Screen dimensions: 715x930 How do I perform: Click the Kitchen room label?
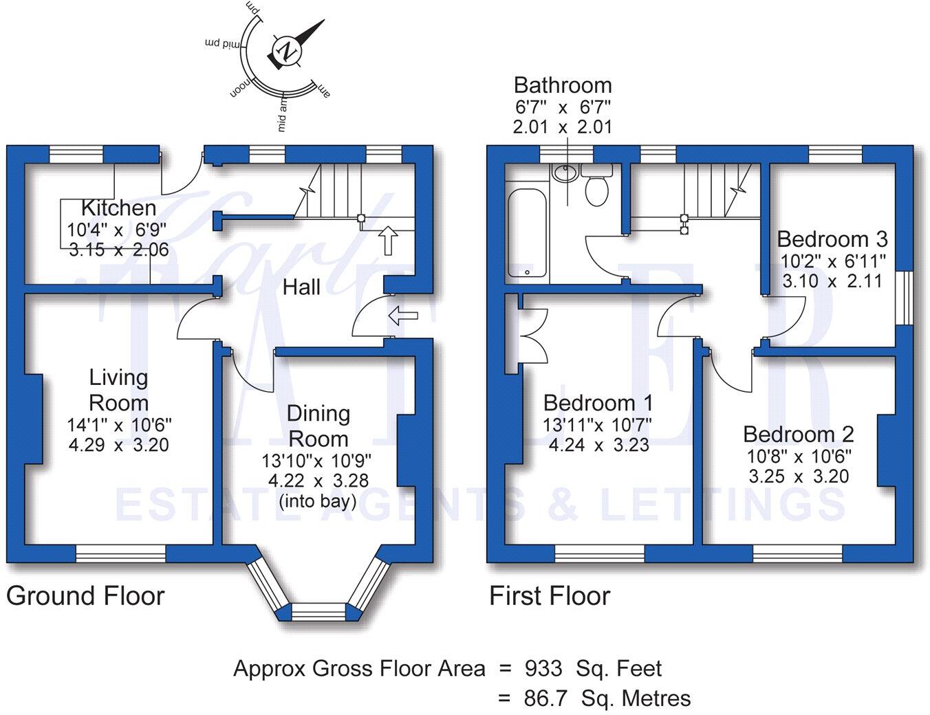118,208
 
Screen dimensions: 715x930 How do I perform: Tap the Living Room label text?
118,390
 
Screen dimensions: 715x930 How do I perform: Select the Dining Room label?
318,426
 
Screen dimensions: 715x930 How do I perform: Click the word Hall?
301,287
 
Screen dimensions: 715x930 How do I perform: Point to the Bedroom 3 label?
832,239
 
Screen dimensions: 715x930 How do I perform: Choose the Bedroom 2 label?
798,434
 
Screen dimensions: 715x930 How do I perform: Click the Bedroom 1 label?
598,403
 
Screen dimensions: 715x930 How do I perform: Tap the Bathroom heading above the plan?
562,85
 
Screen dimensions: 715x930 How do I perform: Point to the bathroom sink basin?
565,173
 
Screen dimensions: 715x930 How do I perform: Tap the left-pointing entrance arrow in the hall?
403,316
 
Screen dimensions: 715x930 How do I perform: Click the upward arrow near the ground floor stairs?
389,239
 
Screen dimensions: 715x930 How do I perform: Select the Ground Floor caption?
85,596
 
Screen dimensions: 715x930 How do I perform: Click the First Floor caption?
549,596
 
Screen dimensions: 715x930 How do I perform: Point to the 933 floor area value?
543,668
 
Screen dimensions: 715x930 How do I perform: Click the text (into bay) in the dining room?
318,501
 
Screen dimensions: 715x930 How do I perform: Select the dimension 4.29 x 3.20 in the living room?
118,445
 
